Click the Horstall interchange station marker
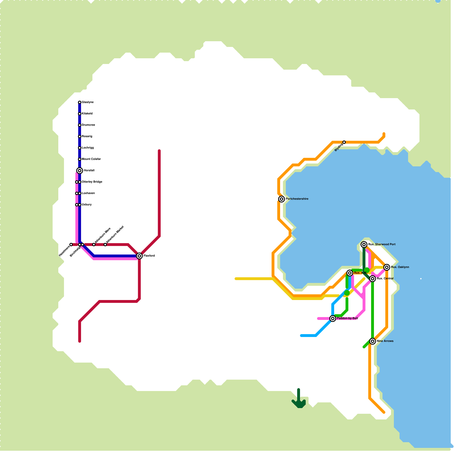pyautogui.click(x=80, y=171)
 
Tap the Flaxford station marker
pyautogui.click(x=139, y=256)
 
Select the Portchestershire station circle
pyautogui.click(x=282, y=199)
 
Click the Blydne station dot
pyautogui.click(x=344, y=142)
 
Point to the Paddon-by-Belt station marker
pyautogui.click(x=333, y=318)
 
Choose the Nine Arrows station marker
pyautogui.click(x=373, y=341)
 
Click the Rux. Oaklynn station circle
pyautogui.click(x=387, y=267)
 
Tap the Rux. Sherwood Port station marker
pyautogui.click(x=364, y=245)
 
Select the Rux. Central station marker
pyautogui.click(x=373, y=279)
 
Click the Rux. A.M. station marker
pyautogui.click(x=350, y=273)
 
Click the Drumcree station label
pyautogui.click(x=88, y=125)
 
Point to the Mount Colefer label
pyautogui.click(x=91, y=159)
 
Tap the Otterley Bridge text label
pyautogui.click(x=92, y=182)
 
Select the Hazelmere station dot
pyautogui.click(x=71, y=245)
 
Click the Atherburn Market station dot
pyautogui.click(x=105, y=245)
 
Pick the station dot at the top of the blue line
pyautogui.click(x=80, y=102)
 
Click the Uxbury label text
pyautogui.click(x=87, y=205)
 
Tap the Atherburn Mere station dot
pyautogui.click(x=94, y=245)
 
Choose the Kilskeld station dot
pyautogui.click(x=80, y=114)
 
